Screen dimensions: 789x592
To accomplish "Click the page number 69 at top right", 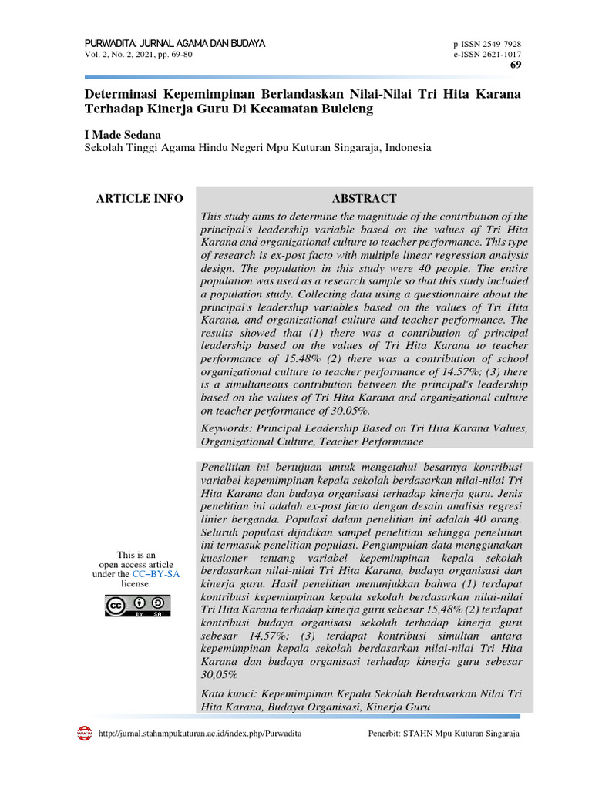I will [515, 65].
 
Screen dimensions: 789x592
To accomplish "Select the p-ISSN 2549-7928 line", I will [487, 45].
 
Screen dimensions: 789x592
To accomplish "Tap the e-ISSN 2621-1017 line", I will [487, 55].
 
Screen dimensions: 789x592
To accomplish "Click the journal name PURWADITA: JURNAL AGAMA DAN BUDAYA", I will [174, 44].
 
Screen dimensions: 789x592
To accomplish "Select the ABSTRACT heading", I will [364, 199].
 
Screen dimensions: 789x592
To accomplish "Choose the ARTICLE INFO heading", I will [140, 199].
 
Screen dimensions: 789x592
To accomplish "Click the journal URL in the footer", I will [200, 734].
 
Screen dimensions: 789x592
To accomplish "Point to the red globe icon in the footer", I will [85, 733].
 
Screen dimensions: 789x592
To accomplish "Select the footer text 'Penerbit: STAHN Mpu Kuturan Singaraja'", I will [444, 734].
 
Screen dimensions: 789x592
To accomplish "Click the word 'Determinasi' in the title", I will [120, 94].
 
